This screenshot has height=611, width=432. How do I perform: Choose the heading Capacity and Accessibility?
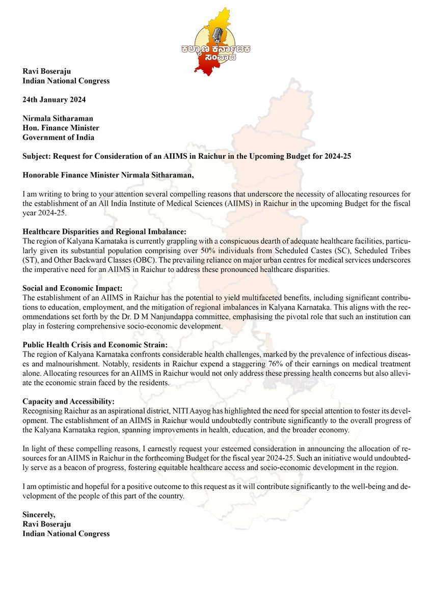pos(69,401)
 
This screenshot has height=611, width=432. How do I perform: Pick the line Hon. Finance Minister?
pos(61,127)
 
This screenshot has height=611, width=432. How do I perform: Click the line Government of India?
pos(59,137)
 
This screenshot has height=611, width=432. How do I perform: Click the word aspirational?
pos(133,409)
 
